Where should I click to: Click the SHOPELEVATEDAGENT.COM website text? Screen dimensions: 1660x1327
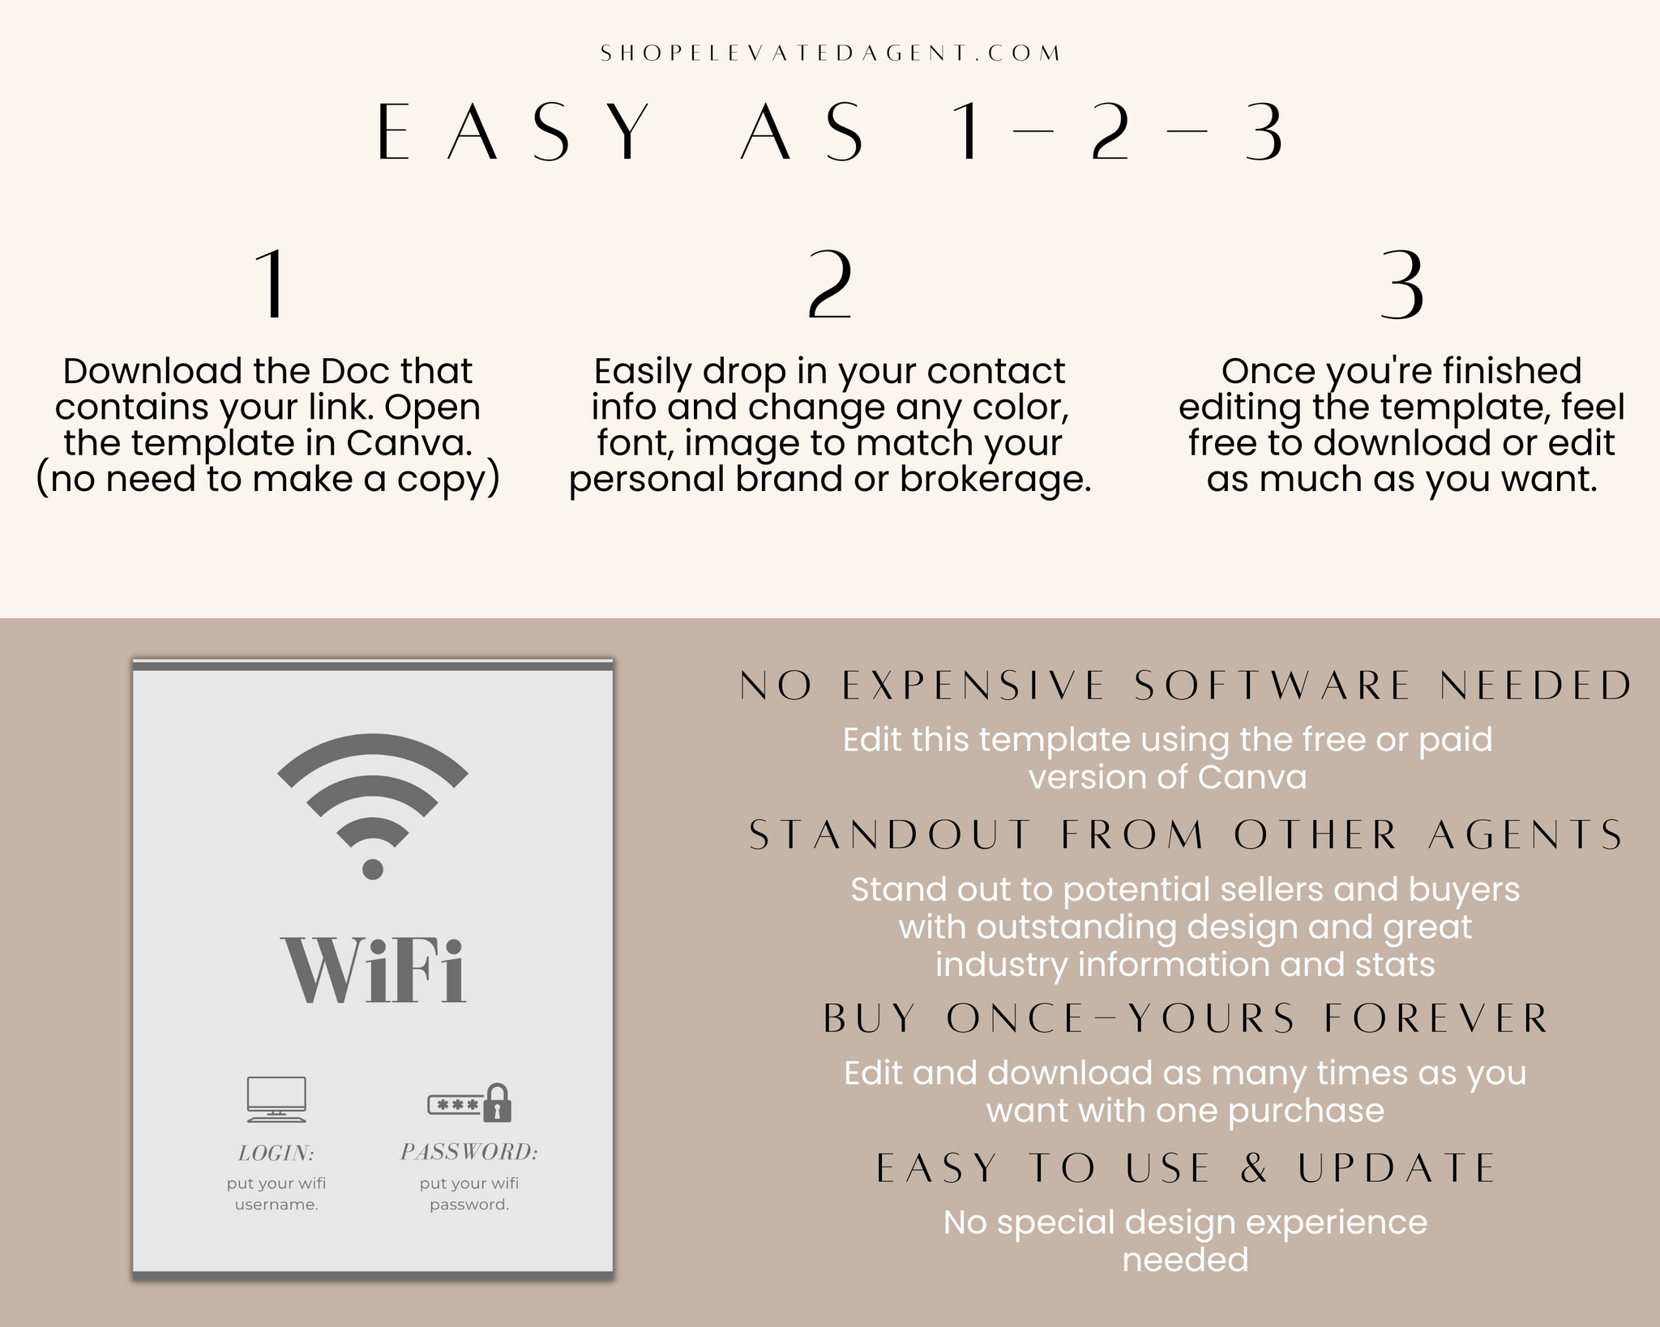pos(830,53)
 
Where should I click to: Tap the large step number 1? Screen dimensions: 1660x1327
pos(271,284)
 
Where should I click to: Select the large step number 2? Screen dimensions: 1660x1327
pos(830,284)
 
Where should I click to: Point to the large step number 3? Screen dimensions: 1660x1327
pos(1401,284)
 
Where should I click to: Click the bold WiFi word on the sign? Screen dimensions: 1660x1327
pos(373,970)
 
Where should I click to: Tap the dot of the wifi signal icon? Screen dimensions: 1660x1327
pos(373,869)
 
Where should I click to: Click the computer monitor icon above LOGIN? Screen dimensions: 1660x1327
pos(276,1099)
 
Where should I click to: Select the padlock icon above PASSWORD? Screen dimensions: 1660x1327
pos(497,1103)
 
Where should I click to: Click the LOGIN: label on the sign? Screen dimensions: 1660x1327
pos(276,1153)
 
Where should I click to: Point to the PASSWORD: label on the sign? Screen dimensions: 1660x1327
pos(469,1151)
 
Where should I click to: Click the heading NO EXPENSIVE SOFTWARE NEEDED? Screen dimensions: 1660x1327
pos(1186,685)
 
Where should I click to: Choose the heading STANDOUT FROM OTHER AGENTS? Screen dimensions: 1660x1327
pos(1186,835)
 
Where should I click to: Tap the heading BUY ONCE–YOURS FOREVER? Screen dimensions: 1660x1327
pos(1186,1018)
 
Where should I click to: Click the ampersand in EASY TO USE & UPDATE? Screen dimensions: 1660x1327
pos(1253,1167)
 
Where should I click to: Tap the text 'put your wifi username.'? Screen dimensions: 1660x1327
pos(276,1193)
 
